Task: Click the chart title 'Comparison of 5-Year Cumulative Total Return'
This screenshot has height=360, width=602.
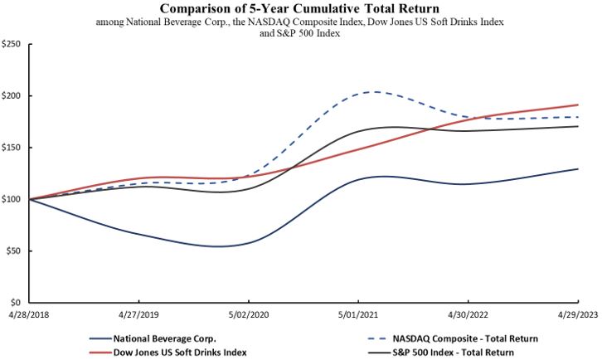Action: (x=300, y=9)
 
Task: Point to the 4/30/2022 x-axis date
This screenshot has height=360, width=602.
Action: (x=468, y=316)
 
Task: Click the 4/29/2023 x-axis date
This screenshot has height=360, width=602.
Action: (x=577, y=316)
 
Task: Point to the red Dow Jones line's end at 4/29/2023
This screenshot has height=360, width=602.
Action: (x=577, y=105)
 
